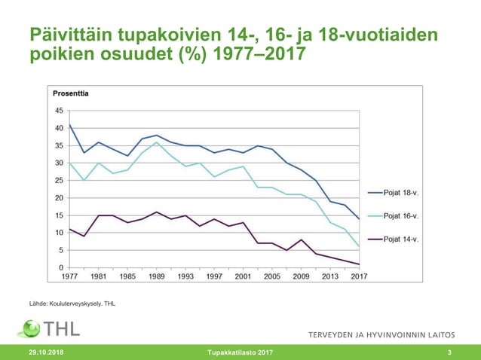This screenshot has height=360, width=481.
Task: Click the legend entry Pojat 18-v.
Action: click(x=400, y=192)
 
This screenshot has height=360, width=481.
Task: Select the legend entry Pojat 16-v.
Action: click(x=400, y=215)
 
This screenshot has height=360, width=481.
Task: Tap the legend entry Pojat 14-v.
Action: click(x=400, y=239)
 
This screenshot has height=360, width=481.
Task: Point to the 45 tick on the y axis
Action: click(x=59, y=111)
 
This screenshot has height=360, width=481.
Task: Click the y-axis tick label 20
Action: click(x=59, y=198)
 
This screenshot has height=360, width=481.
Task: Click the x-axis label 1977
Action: click(x=69, y=276)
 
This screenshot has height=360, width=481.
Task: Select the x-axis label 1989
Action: click(x=155, y=276)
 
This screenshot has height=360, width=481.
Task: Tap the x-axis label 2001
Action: click(x=242, y=276)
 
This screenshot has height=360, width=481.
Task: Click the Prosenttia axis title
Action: click(x=71, y=93)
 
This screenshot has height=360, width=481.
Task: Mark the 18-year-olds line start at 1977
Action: click(x=69, y=124)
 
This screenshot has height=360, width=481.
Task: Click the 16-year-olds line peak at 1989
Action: click(x=155, y=142)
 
